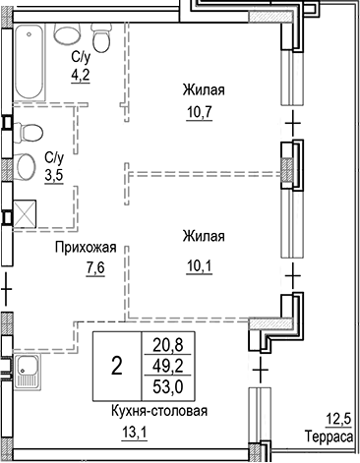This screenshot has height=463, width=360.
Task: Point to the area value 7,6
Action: tap(94, 266)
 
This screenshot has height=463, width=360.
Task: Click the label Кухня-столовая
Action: tap(152, 413)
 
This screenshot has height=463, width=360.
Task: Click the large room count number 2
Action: tap(117, 367)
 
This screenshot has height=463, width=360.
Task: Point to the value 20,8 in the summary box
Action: tap(166, 345)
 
